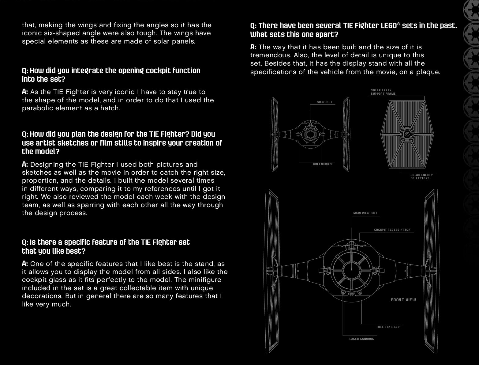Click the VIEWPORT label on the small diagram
click(324, 102)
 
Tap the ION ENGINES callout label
click(322, 164)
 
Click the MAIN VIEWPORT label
click(365, 213)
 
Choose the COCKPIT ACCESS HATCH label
click(392, 230)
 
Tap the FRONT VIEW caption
click(403, 300)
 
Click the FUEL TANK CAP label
click(388, 327)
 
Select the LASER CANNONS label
click(361, 339)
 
